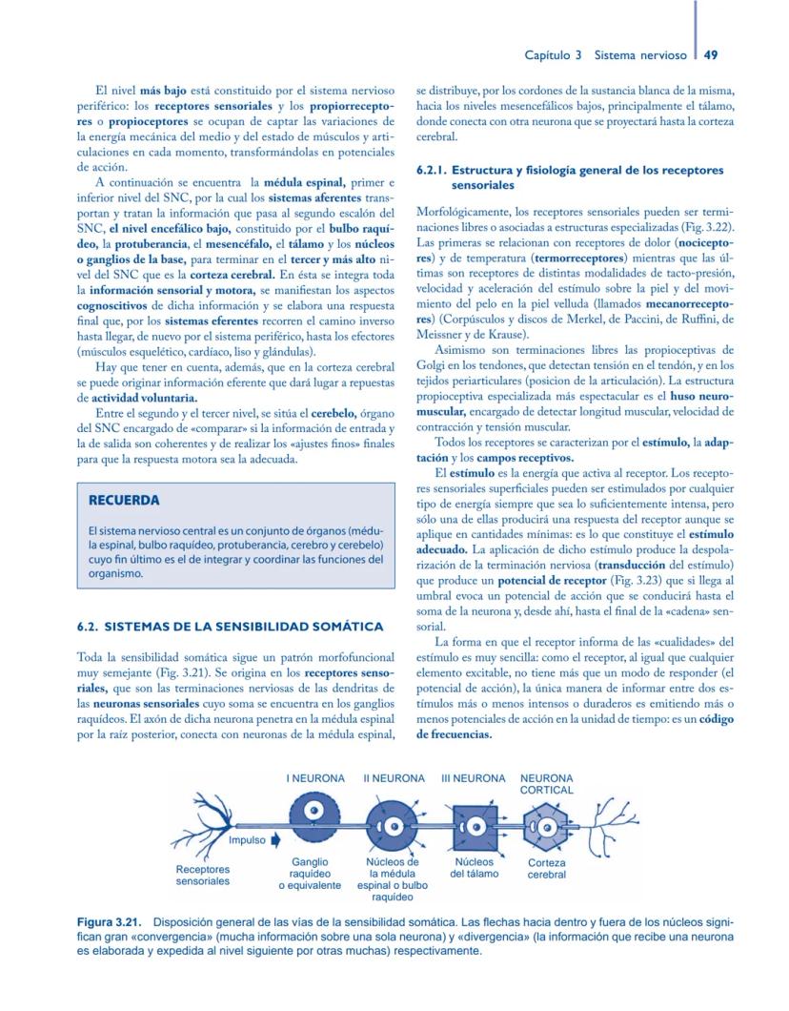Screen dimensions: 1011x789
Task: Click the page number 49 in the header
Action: pyautogui.click(x=710, y=55)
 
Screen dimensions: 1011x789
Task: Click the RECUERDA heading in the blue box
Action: pyautogui.click(x=124, y=501)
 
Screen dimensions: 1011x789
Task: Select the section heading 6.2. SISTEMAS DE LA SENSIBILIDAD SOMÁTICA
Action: pyautogui.click(x=230, y=627)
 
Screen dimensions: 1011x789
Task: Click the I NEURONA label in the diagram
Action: pyautogui.click(x=315, y=778)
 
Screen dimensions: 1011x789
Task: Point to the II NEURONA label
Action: pyautogui.click(x=394, y=778)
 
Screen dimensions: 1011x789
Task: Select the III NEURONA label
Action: pyautogui.click(x=473, y=778)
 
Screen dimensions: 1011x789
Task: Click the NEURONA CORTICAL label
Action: pyautogui.click(x=547, y=784)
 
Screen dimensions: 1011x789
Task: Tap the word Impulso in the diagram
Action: pyautogui.click(x=247, y=840)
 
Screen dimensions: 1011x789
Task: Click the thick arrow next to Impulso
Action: pyautogui.click(x=275, y=840)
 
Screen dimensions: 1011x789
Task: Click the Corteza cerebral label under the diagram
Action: pyautogui.click(x=547, y=868)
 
